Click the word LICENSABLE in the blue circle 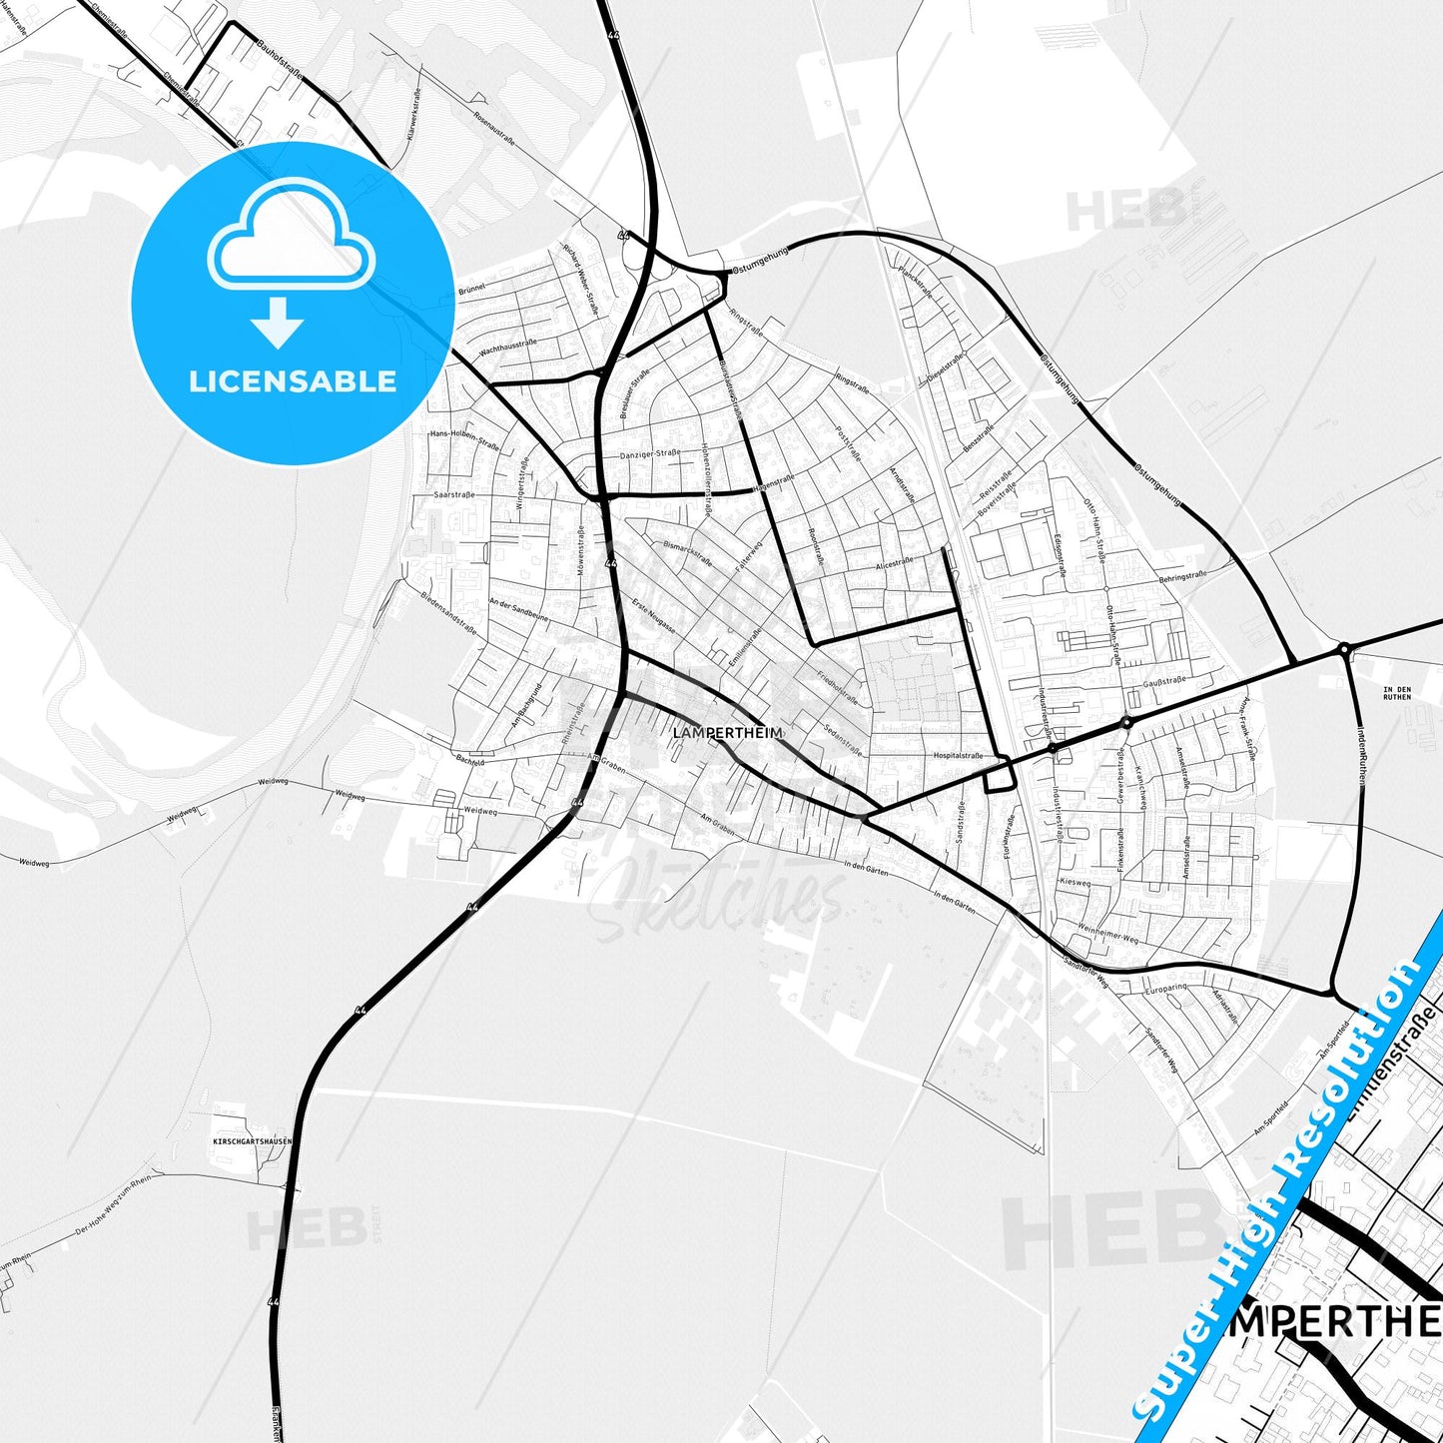pyautogui.click(x=293, y=380)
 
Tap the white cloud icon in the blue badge pyautogui.click(x=291, y=244)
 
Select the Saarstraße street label pyautogui.click(x=453, y=494)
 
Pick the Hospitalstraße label pyautogui.click(x=958, y=756)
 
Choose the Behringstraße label pyautogui.click(x=1182, y=577)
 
